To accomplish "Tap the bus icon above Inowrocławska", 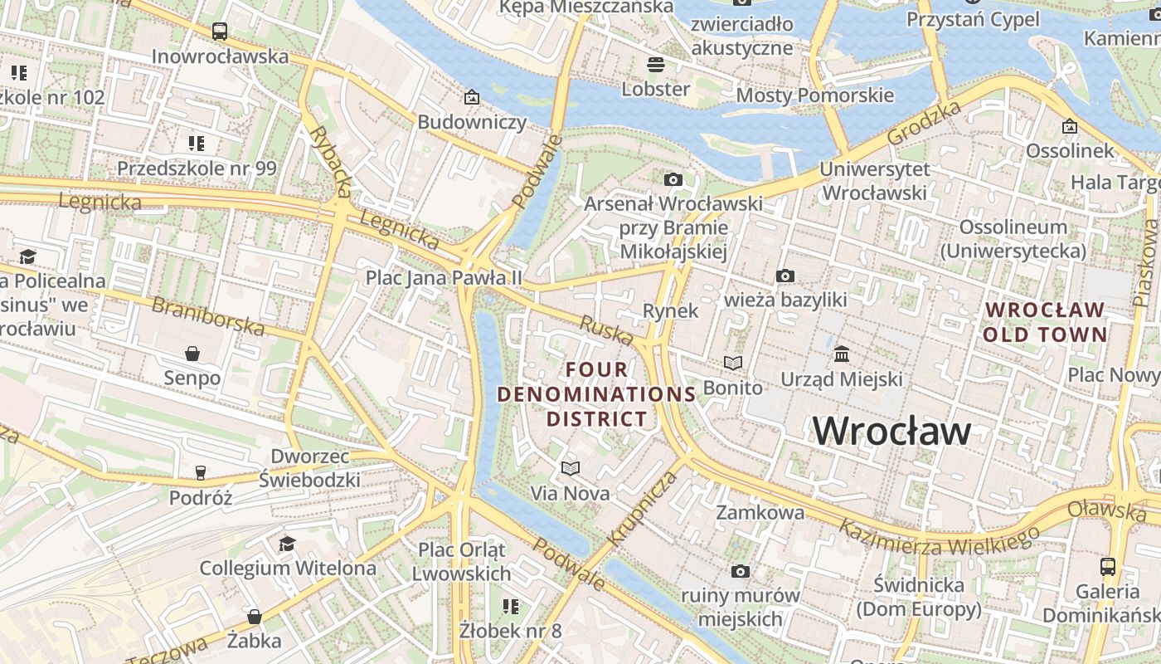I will click(220, 32).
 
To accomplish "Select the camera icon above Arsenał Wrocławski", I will click(673, 179).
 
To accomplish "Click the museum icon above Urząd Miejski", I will click(842, 354).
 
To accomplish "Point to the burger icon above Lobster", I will click(656, 64).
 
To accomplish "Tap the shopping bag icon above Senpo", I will click(192, 354).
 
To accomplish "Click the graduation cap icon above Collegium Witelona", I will click(287, 544).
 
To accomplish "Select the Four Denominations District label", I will click(596, 393).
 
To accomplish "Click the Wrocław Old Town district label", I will click(1045, 322).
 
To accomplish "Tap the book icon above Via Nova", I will click(570, 469).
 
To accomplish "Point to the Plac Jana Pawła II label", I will click(444, 277).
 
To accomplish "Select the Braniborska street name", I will click(208, 316).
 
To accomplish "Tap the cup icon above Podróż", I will click(200, 473).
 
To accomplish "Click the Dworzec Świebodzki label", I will click(315, 468).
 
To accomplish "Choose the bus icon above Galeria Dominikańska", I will click(1107, 567).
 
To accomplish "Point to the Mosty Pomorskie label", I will click(815, 95).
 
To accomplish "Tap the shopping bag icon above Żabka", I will click(255, 617).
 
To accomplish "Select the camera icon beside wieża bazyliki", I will click(785, 276).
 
